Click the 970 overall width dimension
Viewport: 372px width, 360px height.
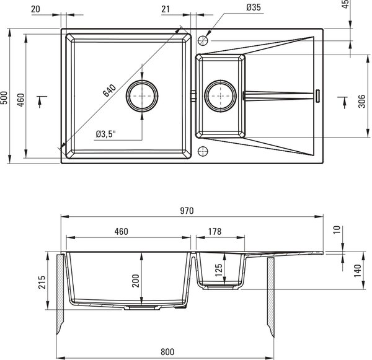pyautogui.click(x=187, y=211)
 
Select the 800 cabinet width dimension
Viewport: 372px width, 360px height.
pyautogui.click(x=167, y=352)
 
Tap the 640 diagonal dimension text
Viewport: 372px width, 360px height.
pyautogui.click(x=109, y=90)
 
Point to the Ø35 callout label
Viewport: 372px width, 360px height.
pyautogui.click(x=254, y=7)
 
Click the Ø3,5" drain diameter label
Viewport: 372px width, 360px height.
pyautogui.click(x=105, y=134)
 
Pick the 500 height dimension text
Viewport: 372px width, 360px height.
pyautogui.click(x=4, y=98)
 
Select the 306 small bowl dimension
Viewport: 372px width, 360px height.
pyautogui.click(x=362, y=101)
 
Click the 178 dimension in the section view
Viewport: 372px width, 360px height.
pyautogui.click(x=215, y=232)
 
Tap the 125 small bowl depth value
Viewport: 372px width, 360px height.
pyautogui.click(x=218, y=270)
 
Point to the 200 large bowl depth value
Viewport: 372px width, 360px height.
pyautogui.click(x=136, y=281)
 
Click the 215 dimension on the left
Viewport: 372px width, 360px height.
pyautogui.click(x=42, y=282)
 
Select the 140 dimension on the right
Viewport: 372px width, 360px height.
pyautogui.click(x=357, y=271)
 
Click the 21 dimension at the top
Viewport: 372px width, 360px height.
pyautogui.click(x=166, y=9)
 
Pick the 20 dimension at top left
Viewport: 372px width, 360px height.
pyautogui.click(x=35, y=9)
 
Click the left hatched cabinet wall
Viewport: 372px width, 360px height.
pyautogui.click(x=60, y=294)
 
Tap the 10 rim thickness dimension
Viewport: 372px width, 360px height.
pyautogui.click(x=337, y=229)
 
